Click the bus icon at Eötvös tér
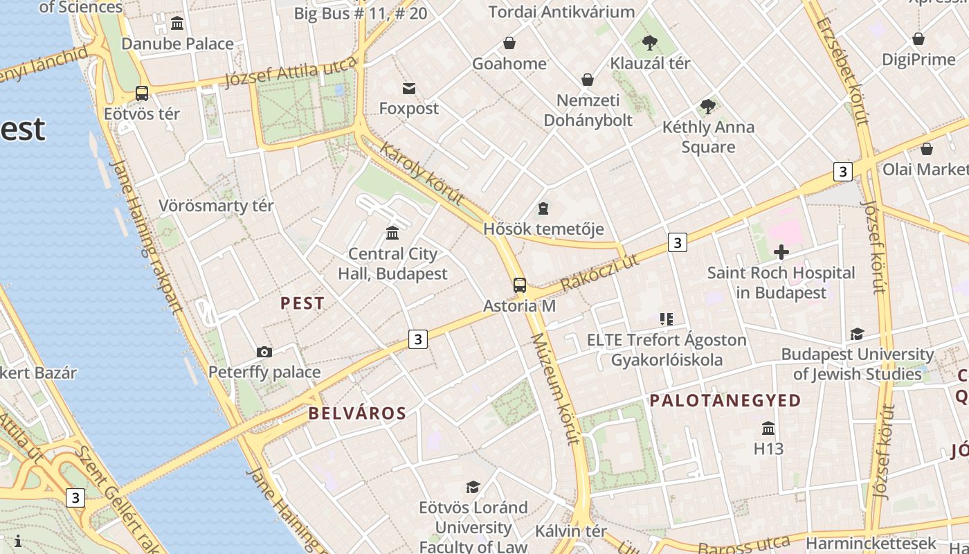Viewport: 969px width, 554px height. pos(142,93)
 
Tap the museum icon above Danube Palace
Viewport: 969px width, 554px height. pos(177,24)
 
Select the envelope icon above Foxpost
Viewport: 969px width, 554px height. pos(409,88)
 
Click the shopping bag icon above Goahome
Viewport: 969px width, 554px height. pos(509,43)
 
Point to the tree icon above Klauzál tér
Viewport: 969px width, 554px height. pos(649,43)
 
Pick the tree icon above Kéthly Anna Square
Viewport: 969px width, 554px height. pos(707,107)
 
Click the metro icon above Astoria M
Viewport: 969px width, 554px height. pos(519,285)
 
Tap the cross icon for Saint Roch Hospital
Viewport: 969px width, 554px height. pos(781,252)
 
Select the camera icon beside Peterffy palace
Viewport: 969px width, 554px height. pos(264,352)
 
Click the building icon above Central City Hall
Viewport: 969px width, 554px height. pos(392,233)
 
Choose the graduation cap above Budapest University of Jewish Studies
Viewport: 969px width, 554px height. pos(857,334)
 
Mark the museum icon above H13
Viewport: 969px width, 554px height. pos(768,428)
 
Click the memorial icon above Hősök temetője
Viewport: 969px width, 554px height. pos(543,208)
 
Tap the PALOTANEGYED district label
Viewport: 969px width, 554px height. pos(725,400)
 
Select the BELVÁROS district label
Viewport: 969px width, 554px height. pos(357,413)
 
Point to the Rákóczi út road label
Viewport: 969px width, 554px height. pos(599,273)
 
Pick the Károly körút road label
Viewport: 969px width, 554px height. pos(420,174)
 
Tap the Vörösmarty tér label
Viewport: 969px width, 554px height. pos(216,206)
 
